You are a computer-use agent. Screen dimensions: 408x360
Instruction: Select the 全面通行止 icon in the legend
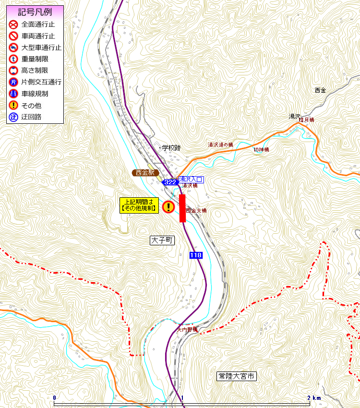pyautogui.click(x=13, y=24)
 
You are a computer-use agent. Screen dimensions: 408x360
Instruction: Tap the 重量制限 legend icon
pyautogui.click(x=13, y=59)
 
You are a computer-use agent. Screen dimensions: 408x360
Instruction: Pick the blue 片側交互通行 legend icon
pyautogui.click(x=13, y=82)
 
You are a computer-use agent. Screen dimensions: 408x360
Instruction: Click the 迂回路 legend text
pyautogui.click(x=32, y=117)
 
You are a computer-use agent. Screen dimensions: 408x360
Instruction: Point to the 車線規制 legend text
pyautogui.click(x=35, y=94)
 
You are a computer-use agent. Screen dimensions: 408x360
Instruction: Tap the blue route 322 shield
pyautogui.click(x=170, y=182)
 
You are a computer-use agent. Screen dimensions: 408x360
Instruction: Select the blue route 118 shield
pyautogui.click(x=195, y=255)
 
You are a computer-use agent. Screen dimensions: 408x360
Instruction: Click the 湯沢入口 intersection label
pyautogui.click(x=191, y=180)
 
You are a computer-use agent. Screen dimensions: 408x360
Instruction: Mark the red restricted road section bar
pyautogui.click(x=182, y=208)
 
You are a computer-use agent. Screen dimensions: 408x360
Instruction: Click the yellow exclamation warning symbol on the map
pyautogui.click(x=168, y=207)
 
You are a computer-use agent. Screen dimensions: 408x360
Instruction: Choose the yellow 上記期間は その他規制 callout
pyautogui.click(x=139, y=205)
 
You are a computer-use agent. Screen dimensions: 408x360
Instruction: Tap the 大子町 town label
pyautogui.click(x=161, y=240)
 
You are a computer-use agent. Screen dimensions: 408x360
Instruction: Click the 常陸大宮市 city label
pyautogui.click(x=236, y=376)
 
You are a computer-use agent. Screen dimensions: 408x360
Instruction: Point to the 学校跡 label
pyautogui.click(x=171, y=148)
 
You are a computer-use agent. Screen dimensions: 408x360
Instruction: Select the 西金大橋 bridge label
pyautogui.click(x=196, y=211)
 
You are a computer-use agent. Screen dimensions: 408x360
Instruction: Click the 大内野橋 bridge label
pyautogui.click(x=187, y=330)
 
